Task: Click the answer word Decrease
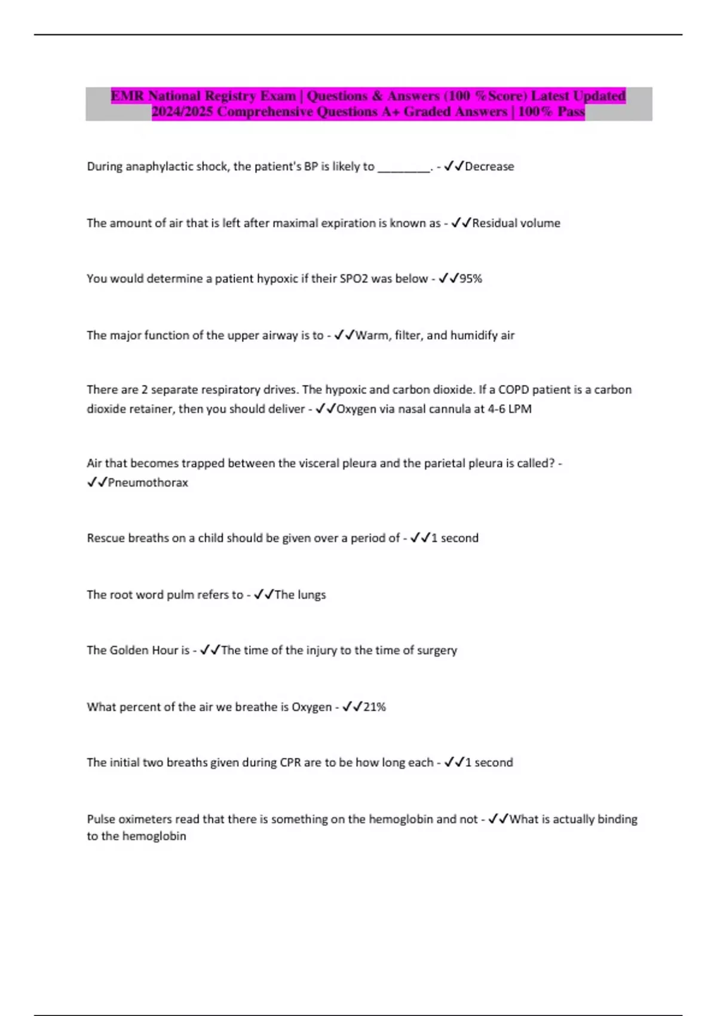(x=489, y=167)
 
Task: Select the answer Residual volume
(x=516, y=224)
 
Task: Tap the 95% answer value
(x=471, y=279)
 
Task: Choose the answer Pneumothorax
(x=148, y=483)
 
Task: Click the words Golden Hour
(x=144, y=650)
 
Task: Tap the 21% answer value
(x=375, y=707)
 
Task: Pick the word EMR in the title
(x=127, y=96)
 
